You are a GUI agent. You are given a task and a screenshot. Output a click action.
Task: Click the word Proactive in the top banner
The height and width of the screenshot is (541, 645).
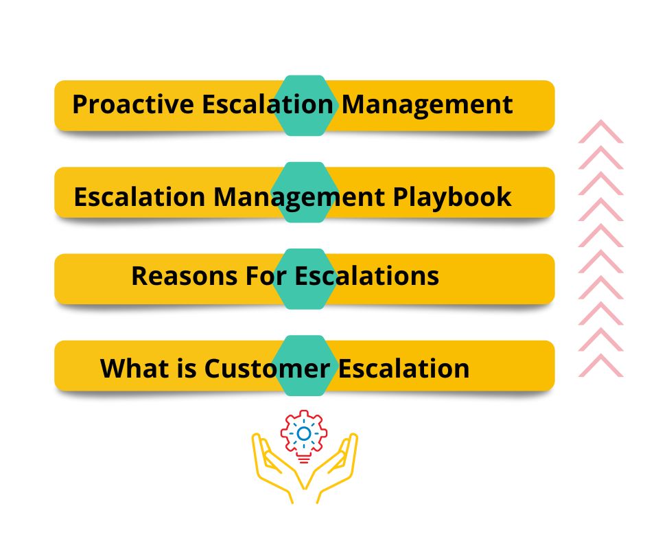pyautogui.click(x=133, y=104)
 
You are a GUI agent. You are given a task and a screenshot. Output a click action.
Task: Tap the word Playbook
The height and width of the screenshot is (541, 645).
pyautogui.click(x=452, y=197)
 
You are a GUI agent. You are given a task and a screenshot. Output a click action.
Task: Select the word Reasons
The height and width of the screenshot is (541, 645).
pyautogui.click(x=185, y=276)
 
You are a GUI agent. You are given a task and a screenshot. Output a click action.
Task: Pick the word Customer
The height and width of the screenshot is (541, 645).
pyautogui.click(x=267, y=368)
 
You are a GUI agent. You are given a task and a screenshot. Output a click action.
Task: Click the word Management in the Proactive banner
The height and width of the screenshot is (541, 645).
pyautogui.click(x=427, y=105)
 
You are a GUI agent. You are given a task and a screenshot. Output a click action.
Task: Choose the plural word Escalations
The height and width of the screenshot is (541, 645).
pyautogui.click(x=367, y=276)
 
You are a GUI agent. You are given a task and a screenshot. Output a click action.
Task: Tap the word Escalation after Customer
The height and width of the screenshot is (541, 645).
pyautogui.click(x=404, y=368)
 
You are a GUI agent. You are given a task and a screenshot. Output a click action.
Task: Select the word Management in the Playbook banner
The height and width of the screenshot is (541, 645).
pyautogui.click(x=299, y=198)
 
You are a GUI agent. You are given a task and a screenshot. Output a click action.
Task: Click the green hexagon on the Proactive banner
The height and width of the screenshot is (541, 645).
pyautogui.click(x=305, y=106)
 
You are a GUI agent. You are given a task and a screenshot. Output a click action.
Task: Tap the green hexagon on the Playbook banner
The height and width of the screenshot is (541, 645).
pyautogui.click(x=305, y=192)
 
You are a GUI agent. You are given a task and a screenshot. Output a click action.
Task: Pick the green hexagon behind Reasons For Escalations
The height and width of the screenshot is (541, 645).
pyautogui.click(x=305, y=279)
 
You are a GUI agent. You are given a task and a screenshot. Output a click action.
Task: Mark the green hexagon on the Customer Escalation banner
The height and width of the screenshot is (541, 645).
pyautogui.click(x=305, y=366)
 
